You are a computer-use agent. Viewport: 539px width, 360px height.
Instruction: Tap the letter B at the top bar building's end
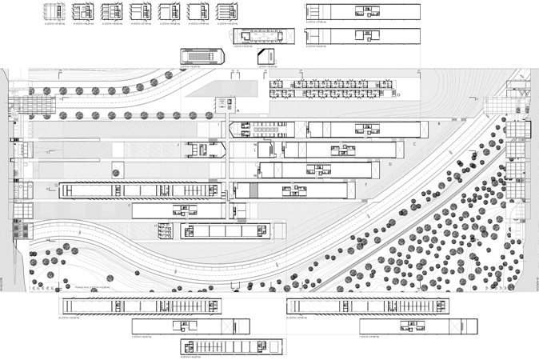click(x=438, y=124)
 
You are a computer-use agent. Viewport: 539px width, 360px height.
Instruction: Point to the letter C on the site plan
click(x=415, y=145)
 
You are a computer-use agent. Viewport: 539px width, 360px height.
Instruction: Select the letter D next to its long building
click(x=389, y=165)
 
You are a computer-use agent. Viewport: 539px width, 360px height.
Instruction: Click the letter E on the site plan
click(x=365, y=185)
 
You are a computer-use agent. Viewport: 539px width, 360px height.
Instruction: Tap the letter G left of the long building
click(x=57, y=188)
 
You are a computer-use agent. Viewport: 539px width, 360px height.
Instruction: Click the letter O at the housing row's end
click(x=398, y=94)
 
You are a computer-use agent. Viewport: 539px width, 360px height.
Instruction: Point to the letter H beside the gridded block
click(x=155, y=226)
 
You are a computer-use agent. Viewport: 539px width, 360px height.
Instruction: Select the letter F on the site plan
click(x=129, y=206)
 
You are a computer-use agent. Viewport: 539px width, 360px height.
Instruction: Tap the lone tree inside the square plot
click(x=116, y=172)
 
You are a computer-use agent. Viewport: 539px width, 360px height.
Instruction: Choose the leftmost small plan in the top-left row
click(x=54, y=12)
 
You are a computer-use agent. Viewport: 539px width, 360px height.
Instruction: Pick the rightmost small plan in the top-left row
click(x=226, y=12)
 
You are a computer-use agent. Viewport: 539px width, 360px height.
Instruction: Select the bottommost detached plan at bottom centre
click(x=234, y=346)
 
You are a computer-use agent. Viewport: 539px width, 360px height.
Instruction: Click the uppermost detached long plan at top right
click(x=363, y=10)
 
